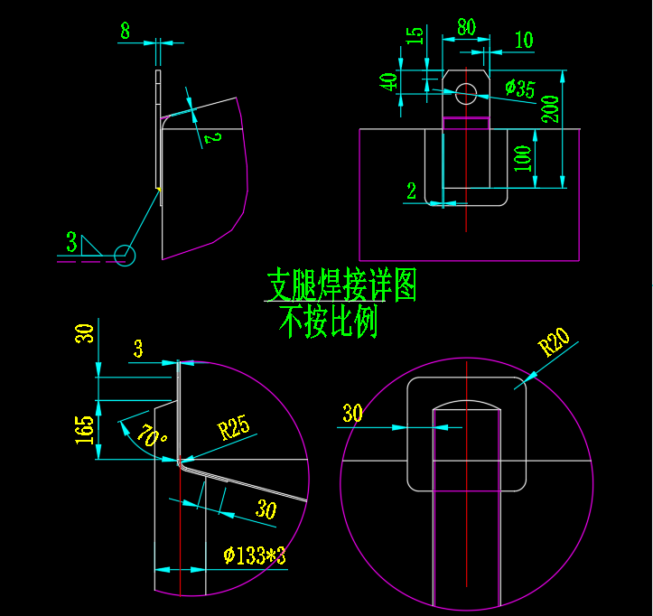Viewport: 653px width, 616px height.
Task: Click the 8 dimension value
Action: (125, 31)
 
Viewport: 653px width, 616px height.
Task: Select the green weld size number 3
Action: (71, 242)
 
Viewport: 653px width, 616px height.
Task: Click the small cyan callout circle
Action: (125, 256)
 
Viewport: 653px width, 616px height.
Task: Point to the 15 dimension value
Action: (415, 36)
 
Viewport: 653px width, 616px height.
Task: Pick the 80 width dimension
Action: (466, 26)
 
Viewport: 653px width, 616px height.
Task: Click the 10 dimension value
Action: (523, 40)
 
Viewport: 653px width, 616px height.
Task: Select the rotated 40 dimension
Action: (389, 82)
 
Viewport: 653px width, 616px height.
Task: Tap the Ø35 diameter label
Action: (520, 89)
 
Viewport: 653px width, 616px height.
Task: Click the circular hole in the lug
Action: (466, 93)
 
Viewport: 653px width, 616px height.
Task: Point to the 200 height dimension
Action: (549, 108)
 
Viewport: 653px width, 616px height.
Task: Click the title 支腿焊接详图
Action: (341, 285)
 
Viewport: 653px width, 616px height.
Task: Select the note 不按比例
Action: (327, 322)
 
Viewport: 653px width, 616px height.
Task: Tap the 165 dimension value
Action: (85, 428)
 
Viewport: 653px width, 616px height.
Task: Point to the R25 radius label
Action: (234, 427)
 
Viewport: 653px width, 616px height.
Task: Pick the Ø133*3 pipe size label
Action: (255, 555)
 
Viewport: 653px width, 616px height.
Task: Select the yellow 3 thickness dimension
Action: (138, 349)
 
